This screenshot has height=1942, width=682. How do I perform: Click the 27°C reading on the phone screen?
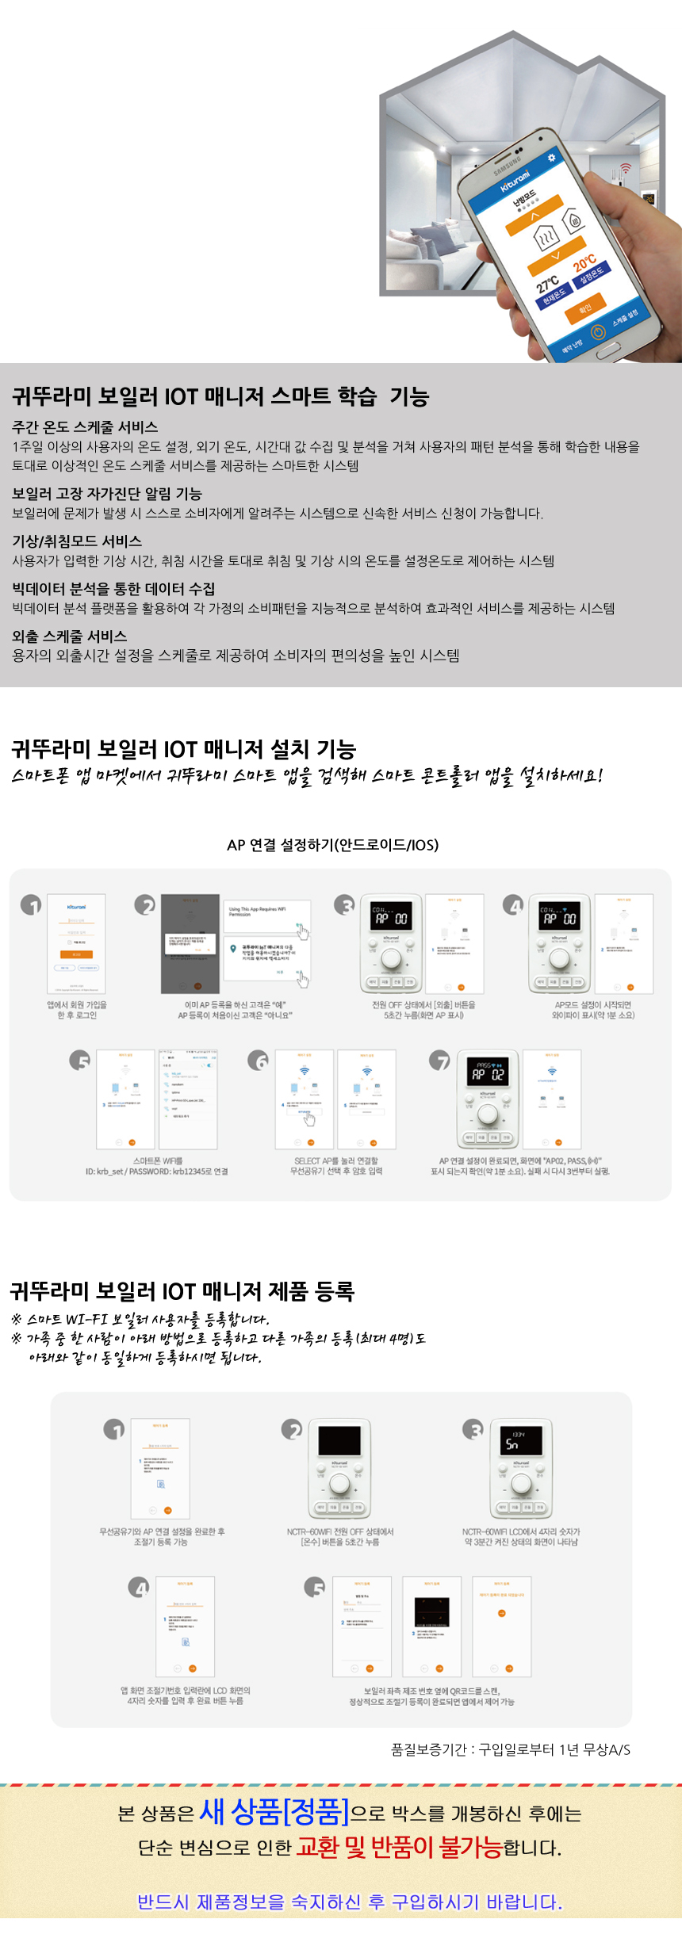547,283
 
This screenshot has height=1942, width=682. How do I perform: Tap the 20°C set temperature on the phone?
584,262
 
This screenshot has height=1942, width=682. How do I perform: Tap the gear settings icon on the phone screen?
551,159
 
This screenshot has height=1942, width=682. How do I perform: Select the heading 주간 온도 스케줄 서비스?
85,427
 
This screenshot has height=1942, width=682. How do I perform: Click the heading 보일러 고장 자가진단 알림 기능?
107,494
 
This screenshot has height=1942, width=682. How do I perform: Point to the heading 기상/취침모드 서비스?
77,541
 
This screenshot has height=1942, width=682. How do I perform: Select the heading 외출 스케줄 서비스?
70,636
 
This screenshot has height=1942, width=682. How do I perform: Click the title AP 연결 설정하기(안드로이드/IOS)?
332,845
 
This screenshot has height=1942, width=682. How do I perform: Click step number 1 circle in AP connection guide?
31,905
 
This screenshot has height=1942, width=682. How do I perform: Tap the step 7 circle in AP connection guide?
439,1061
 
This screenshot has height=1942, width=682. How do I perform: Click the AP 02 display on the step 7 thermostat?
488,1073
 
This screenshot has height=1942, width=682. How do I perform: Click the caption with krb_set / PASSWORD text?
157,1172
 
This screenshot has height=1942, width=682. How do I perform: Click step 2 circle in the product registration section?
292,1430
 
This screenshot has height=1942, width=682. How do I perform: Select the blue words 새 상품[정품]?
274,1811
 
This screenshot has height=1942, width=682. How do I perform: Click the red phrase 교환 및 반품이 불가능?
399,1847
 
